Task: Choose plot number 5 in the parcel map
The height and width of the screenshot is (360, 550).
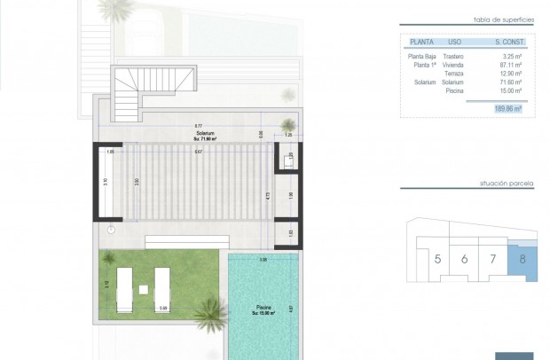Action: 438,260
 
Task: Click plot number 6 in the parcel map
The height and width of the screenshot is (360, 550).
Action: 465,260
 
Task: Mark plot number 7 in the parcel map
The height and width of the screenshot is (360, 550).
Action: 492,260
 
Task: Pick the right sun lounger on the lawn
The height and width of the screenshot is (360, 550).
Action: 162,288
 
